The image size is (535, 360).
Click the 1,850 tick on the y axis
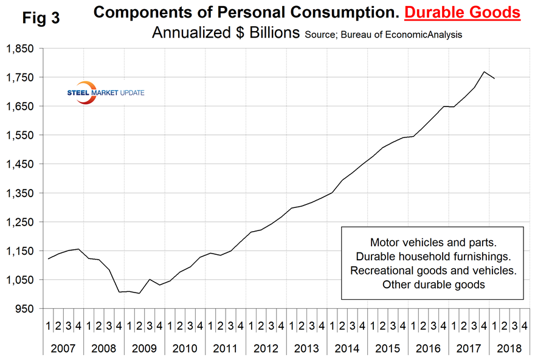(19, 49)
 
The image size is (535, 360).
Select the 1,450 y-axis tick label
(19, 164)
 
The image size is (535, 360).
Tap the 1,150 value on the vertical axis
(19, 251)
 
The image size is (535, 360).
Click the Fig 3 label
(41, 18)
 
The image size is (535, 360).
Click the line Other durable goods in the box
(432, 284)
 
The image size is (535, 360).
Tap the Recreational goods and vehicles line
(432, 269)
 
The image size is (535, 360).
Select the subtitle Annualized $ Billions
(225, 33)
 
